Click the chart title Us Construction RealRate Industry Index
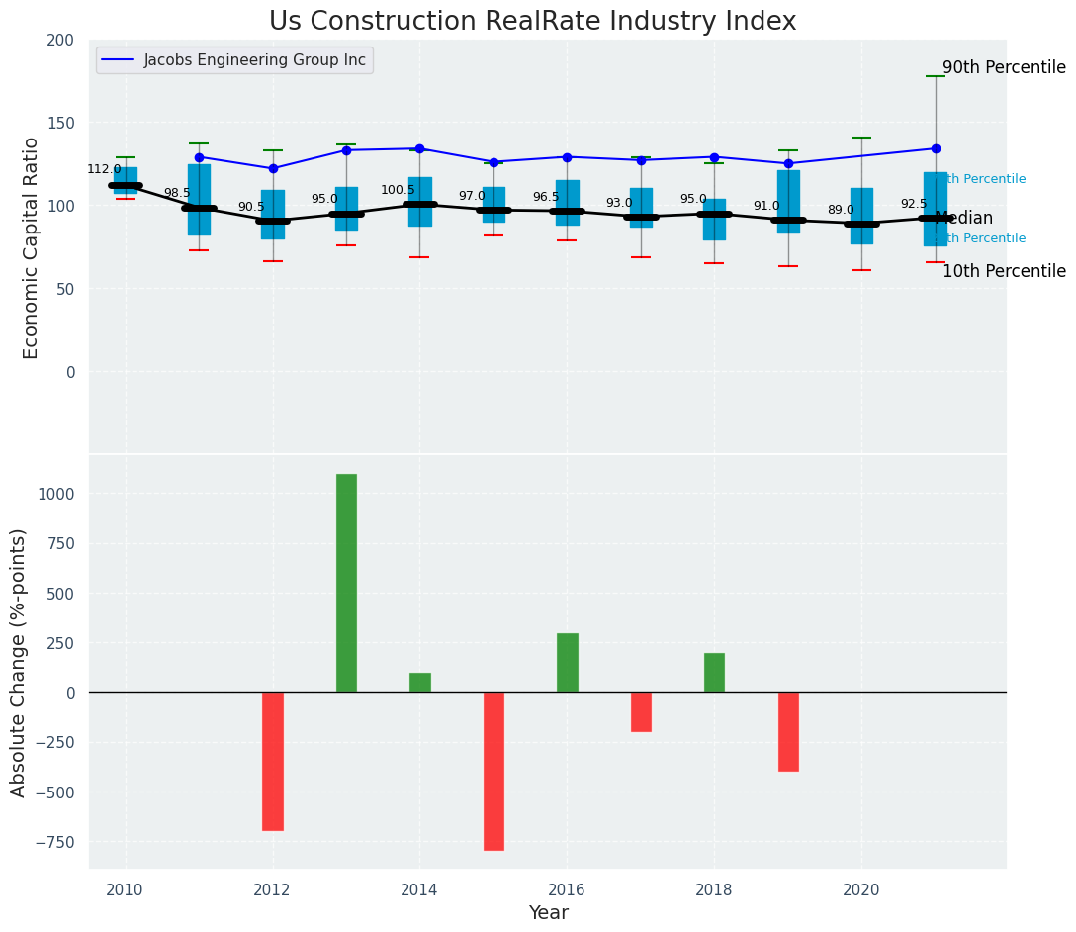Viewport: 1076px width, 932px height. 532,22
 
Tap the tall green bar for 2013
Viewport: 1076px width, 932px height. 346,583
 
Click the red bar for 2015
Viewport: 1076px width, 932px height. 493,771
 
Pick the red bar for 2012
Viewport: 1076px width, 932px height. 272,761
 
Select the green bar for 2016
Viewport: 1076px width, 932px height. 567,663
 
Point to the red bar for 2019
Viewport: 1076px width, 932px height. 788,731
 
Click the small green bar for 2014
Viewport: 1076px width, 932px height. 419,683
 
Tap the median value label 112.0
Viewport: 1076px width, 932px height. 104,169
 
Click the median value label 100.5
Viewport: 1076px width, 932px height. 398,190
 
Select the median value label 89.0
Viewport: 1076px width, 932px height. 841,210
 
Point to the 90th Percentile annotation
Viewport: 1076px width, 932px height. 1004,68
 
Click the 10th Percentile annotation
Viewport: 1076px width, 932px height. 1004,271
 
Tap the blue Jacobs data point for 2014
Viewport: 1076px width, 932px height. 419,148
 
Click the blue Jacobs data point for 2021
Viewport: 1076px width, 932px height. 936,148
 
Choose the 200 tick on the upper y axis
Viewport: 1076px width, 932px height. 60,40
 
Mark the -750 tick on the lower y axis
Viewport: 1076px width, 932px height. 52,842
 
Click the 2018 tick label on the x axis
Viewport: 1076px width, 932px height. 714,889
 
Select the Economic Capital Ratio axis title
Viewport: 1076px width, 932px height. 32,247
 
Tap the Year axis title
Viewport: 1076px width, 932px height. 548,913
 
